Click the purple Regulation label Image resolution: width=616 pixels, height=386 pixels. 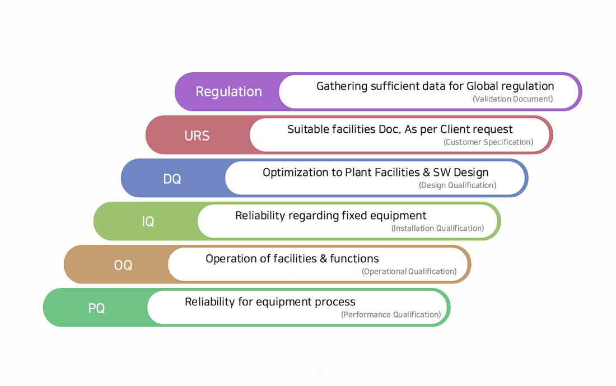(228, 92)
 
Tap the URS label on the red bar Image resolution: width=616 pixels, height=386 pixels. (197, 136)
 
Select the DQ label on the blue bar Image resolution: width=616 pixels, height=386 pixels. (172, 179)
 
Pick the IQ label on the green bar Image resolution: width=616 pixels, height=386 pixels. (148, 222)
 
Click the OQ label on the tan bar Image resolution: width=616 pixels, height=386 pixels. (123, 266)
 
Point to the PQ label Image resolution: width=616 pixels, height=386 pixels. (96, 308)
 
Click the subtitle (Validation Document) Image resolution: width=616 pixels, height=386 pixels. (512, 99)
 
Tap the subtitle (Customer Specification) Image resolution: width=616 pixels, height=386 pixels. (488, 142)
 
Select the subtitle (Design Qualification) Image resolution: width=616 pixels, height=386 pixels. (458, 185)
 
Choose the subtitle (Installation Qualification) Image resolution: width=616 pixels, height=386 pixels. (438, 229)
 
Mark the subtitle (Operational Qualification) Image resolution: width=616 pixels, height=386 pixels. (409, 272)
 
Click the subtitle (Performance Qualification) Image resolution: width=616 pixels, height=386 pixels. (391, 314)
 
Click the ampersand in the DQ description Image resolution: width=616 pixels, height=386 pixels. (426, 173)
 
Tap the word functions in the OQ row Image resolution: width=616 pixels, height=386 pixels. (354, 259)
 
